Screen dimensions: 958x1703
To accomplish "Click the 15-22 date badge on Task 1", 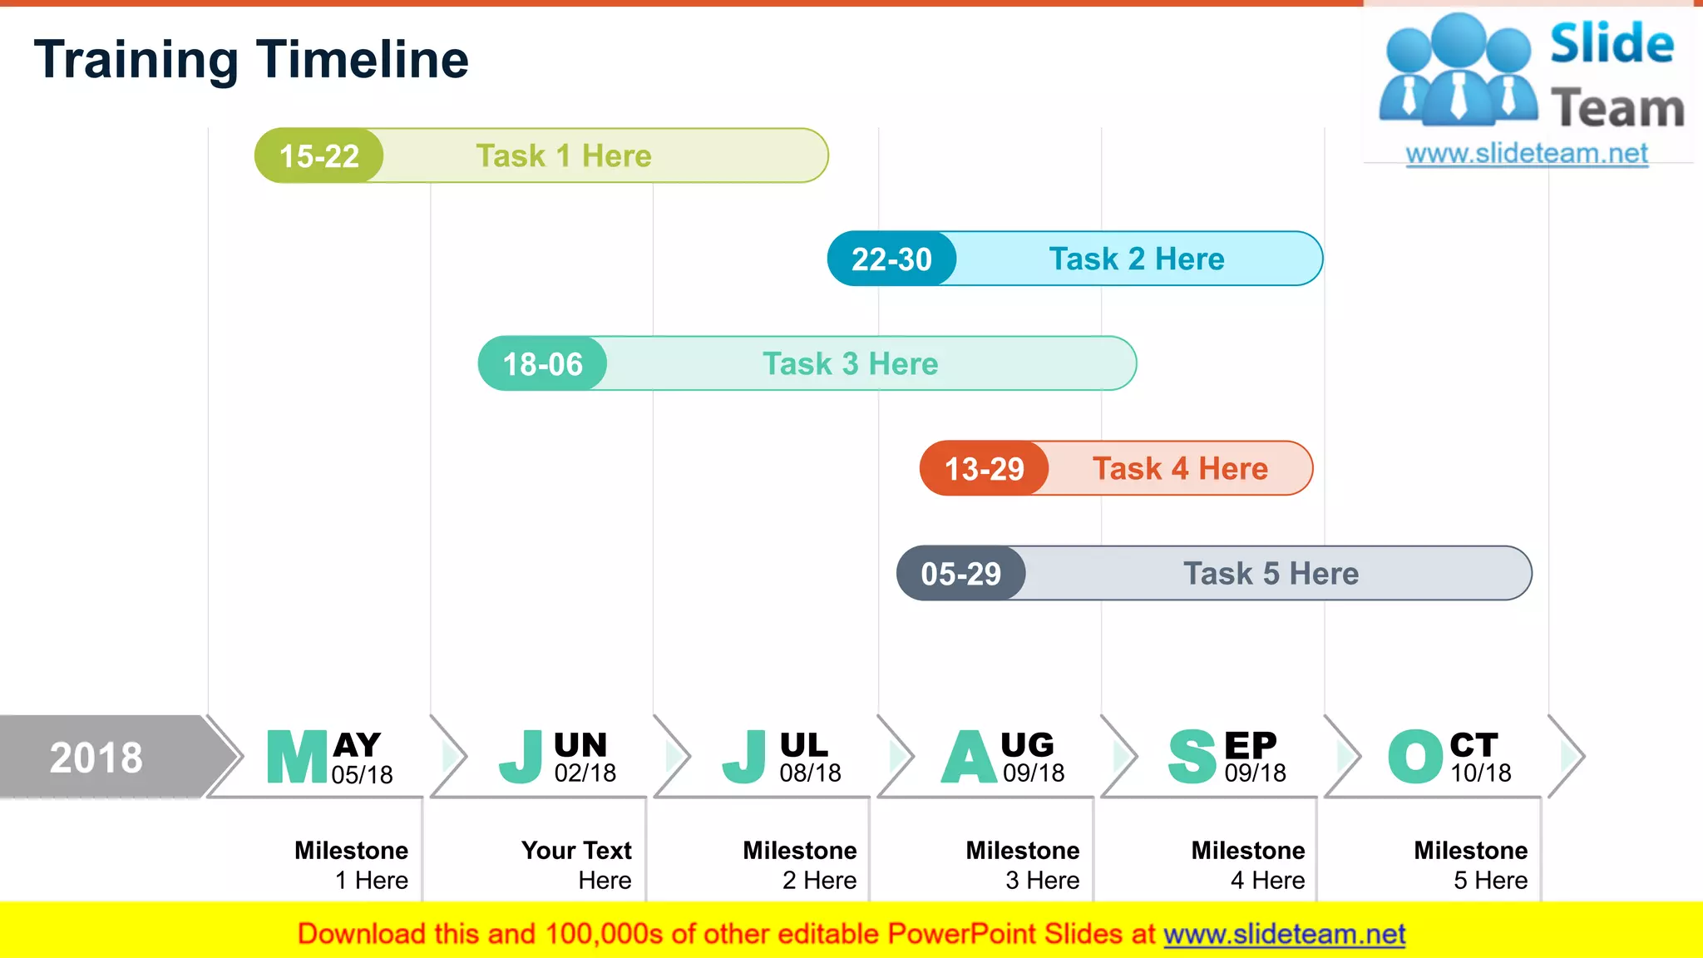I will click(x=319, y=156).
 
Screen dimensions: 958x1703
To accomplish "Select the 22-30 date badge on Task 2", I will click(x=891, y=259).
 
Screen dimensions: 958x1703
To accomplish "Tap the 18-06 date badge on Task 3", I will click(x=542, y=364).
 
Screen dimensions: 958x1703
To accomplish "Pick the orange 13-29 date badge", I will click(x=985, y=469).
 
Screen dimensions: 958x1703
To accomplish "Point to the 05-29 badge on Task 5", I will click(x=960, y=574).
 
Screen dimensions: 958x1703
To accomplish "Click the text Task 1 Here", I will click(x=563, y=156).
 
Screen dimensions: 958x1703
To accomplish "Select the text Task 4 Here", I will click(x=1180, y=469).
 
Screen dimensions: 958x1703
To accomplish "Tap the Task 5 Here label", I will click(x=1271, y=574).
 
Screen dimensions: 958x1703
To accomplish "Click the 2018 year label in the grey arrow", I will click(x=96, y=758).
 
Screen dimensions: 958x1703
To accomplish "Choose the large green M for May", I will click(x=297, y=757).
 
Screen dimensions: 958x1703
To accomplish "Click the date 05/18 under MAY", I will click(x=362, y=775).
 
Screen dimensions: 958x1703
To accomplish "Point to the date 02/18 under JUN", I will click(x=585, y=773).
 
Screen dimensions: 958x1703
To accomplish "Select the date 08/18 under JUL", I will click(x=810, y=773).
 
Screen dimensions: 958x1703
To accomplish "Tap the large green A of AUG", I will click(x=969, y=757).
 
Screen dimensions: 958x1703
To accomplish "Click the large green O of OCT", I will click(x=1415, y=757).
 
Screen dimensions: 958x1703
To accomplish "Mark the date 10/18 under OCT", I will click(x=1481, y=773).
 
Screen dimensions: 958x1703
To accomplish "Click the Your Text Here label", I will click(x=576, y=865).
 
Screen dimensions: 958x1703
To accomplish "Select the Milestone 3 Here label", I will click(x=1023, y=865).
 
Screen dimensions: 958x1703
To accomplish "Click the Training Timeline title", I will click(x=251, y=60).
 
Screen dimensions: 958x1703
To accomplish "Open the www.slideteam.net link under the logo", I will click(x=1527, y=154).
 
